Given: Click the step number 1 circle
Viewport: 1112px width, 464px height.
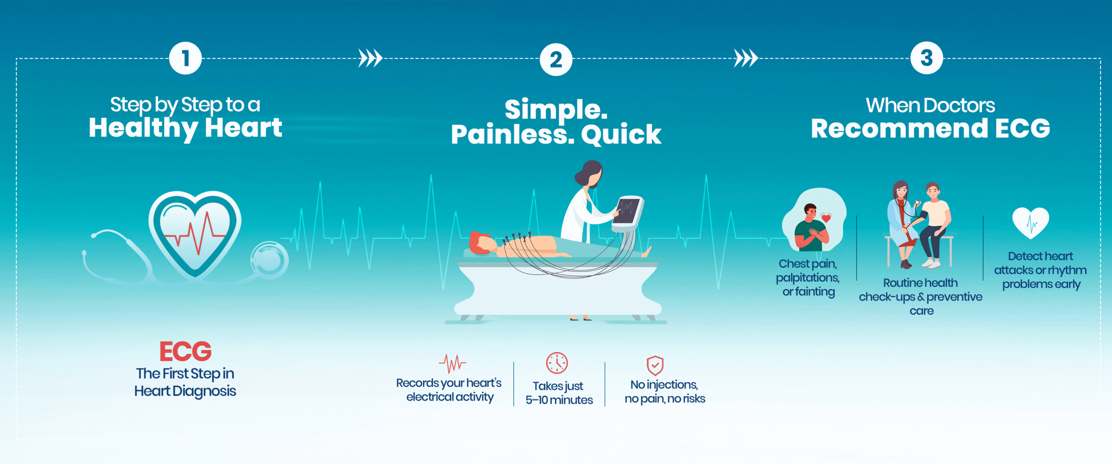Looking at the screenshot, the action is pyautogui.click(x=185, y=58).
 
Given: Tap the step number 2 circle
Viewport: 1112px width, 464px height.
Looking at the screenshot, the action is pyautogui.click(x=556, y=60).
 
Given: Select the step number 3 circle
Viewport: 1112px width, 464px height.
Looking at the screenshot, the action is pyautogui.click(x=927, y=58).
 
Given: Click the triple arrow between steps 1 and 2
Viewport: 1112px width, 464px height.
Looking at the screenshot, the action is pyautogui.click(x=371, y=58).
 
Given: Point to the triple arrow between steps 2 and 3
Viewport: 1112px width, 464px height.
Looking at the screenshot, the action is pyautogui.click(x=746, y=58).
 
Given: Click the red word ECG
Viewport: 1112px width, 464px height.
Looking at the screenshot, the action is pyautogui.click(x=185, y=351).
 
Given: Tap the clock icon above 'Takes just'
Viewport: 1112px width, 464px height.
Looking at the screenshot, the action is pyautogui.click(x=557, y=363).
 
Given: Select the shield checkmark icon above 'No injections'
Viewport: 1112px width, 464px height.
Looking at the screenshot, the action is pyautogui.click(x=655, y=365).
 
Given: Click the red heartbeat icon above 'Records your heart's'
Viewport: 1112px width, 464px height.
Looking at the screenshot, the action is pyautogui.click(x=452, y=364).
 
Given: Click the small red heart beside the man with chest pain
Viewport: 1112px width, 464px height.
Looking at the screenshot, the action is pyautogui.click(x=826, y=218).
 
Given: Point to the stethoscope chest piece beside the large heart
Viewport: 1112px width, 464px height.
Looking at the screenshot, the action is pyautogui.click(x=269, y=260).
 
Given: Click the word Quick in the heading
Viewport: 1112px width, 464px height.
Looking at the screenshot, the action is pyautogui.click(x=621, y=135).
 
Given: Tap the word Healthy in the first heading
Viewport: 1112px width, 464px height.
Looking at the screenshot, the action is pyautogui.click(x=143, y=128).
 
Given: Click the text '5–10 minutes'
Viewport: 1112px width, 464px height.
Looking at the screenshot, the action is pyautogui.click(x=559, y=400).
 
